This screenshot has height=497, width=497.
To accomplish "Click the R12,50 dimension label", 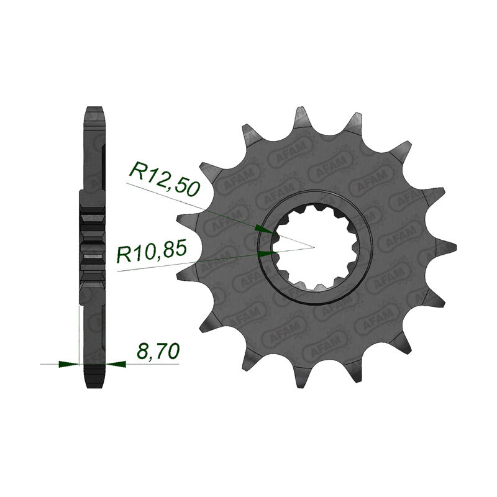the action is click(x=165, y=178).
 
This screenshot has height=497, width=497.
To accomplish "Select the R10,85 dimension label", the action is click(x=151, y=252).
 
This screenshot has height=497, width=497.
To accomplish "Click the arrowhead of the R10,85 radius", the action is click(x=267, y=253).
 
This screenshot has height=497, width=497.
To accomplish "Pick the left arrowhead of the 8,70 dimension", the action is click(x=68, y=364).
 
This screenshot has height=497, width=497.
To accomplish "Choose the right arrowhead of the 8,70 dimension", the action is click(x=116, y=364).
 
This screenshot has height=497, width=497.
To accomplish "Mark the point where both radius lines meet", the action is click(x=314, y=247).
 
